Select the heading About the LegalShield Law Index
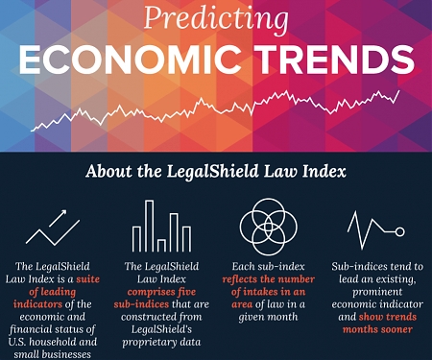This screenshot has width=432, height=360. coord(215,172)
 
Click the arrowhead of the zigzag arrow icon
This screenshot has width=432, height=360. coord(73,212)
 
